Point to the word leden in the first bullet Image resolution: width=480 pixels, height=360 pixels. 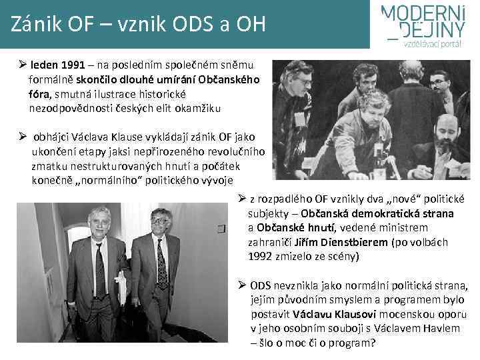click(43, 66)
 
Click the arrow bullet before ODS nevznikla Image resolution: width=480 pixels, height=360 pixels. click(243, 285)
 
